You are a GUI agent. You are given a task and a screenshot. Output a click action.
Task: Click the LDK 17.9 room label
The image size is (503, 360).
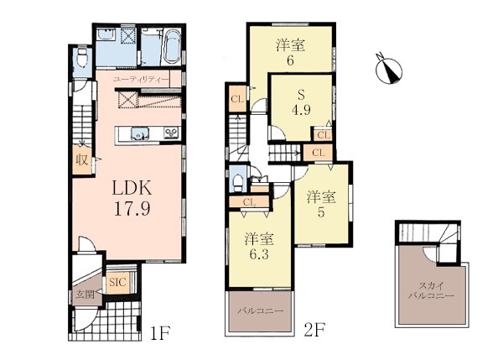[132, 197]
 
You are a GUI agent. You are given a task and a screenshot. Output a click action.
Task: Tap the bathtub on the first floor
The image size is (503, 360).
[173, 47]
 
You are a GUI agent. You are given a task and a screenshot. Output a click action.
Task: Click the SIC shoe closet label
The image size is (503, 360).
[118, 282]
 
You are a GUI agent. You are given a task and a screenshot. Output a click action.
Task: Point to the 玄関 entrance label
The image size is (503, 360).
[86, 294]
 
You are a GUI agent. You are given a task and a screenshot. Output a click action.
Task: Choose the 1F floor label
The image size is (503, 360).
[159, 333]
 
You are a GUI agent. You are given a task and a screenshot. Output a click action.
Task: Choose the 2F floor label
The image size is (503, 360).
[314, 330]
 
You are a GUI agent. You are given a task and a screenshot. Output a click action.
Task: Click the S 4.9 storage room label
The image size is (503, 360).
[301, 102]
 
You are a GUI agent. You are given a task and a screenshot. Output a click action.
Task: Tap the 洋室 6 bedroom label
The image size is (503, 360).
[290, 52]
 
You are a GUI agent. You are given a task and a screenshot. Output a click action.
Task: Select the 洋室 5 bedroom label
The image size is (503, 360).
[321, 204]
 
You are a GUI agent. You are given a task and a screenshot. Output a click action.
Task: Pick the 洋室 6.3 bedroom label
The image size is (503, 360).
[259, 246]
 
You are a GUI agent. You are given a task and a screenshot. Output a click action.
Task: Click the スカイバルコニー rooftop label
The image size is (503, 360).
[431, 290]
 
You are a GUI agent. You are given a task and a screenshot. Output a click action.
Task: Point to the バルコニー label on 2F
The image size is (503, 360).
[260, 310]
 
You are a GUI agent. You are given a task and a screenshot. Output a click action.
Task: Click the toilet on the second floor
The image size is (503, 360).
[238, 182]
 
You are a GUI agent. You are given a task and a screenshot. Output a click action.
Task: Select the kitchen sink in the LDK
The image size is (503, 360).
[140, 133]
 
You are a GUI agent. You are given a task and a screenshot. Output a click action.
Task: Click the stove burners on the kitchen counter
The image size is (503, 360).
[171, 133]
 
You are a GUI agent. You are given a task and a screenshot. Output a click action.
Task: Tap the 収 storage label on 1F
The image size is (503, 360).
[82, 159]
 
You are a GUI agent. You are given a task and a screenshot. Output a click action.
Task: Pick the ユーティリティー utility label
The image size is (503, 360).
[141, 80]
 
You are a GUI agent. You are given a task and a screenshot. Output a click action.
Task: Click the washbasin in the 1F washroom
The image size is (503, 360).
[106, 34]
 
